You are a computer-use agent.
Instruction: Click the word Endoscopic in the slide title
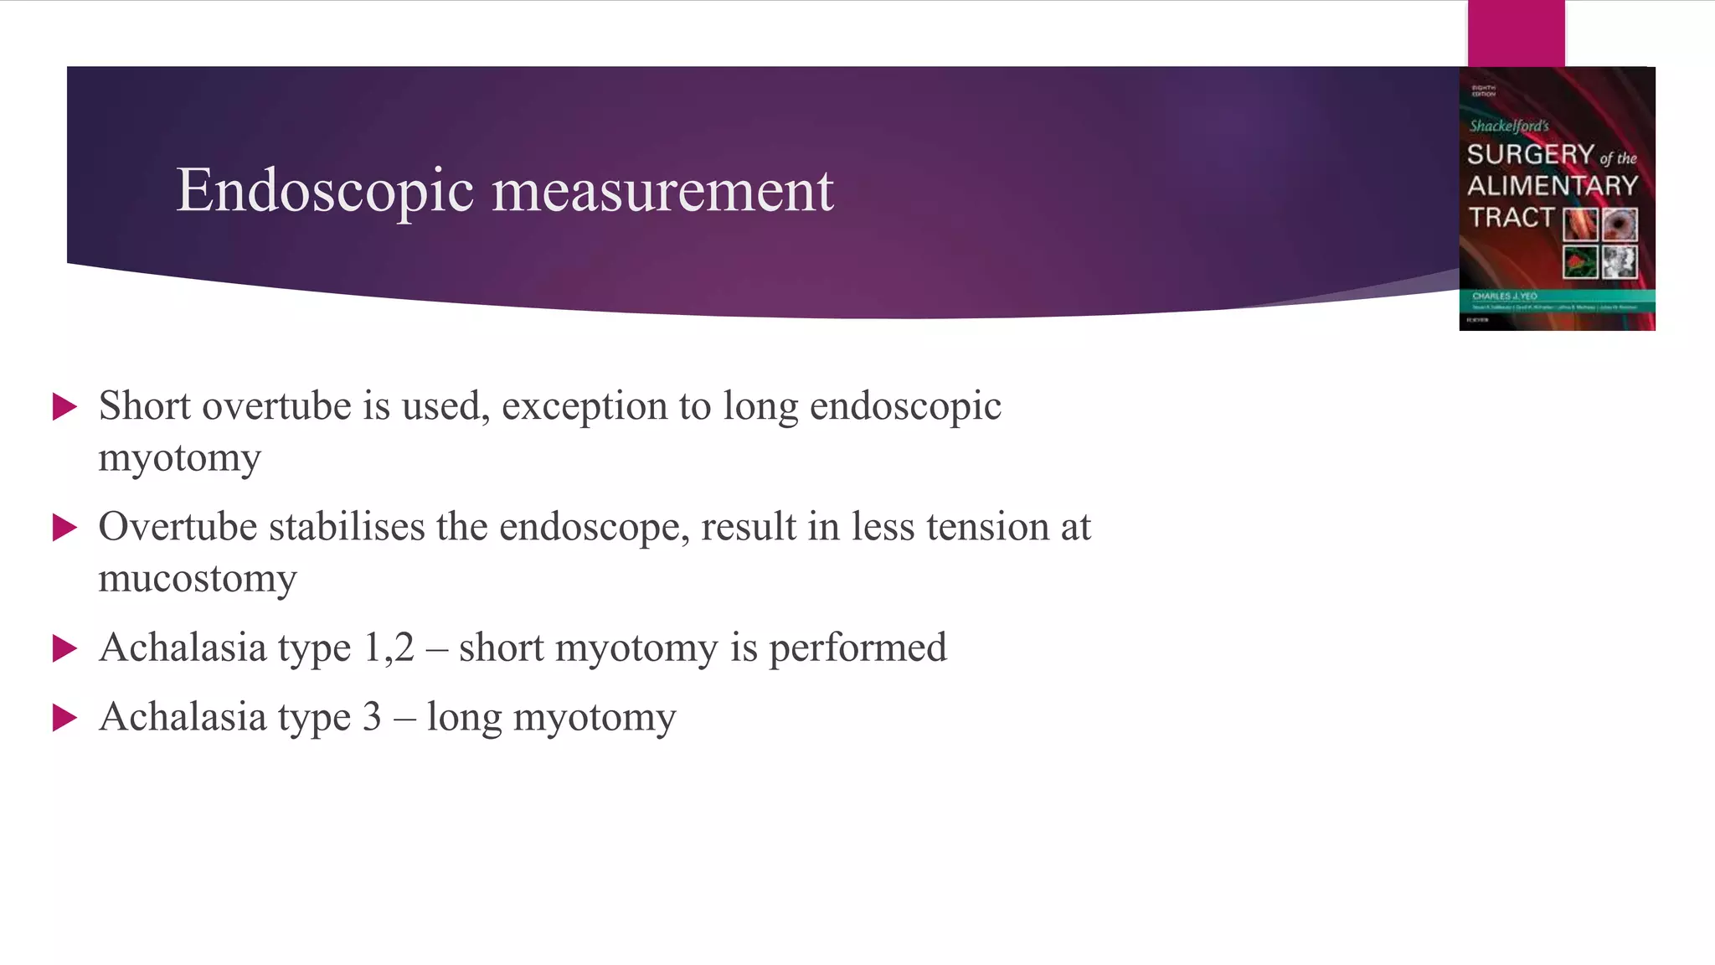click(x=325, y=191)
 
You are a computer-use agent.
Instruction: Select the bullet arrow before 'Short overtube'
click(x=64, y=407)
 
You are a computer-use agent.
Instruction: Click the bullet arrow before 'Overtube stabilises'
click(x=64, y=528)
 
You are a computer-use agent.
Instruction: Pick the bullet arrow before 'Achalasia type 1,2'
click(x=64, y=648)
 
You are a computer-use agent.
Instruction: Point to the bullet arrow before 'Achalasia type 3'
click(x=64, y=718)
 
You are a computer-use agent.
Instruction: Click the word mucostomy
click(x=198, y=579)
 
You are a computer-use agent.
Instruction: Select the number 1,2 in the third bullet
click(x=389, y=648)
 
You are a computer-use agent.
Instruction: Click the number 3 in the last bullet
click(x=372, y=717)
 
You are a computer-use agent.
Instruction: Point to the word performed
click(x=857, y=648)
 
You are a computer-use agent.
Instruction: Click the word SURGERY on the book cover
click(x=1530, y=154)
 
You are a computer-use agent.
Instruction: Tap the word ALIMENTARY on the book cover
click(x=1552, y=186)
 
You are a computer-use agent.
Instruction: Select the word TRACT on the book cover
click(x=1511, y=218)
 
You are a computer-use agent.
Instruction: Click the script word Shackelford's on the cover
click(x=1509, y=126)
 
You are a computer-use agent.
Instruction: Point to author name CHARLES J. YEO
click(x=1504, y=296)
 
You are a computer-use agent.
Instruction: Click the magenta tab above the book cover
click(x=1516, y=33)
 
